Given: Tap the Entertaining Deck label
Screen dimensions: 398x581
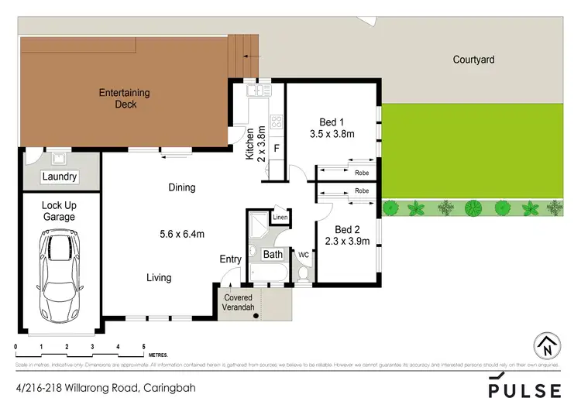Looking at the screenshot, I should (124, 98).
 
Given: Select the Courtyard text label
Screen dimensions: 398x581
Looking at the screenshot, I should (474, 60).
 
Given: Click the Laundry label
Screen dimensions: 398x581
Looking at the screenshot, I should (60, 177).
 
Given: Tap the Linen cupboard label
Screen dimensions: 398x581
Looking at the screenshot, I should (280, 218).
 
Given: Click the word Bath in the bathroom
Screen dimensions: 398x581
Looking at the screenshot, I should (273, 254).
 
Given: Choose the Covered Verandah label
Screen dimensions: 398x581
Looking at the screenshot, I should (239, 303).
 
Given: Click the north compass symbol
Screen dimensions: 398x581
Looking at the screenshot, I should (548, 345).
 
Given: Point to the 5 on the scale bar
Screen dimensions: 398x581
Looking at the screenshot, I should (144, 347).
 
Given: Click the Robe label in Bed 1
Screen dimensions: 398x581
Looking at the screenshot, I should (362, 173).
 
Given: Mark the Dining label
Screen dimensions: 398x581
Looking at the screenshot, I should (182, 187).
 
